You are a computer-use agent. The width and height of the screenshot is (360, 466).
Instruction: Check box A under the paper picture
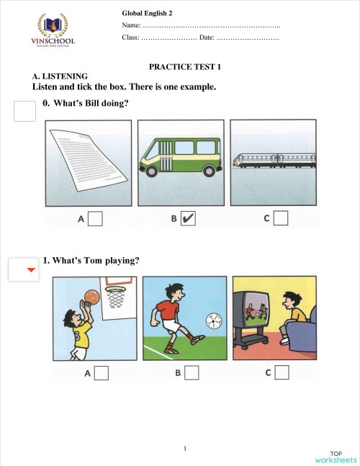tap(95, 218)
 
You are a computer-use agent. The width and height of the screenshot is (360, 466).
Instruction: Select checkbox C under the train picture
tap(281, 218)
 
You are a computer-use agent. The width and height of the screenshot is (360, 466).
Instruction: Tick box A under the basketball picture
tap(102, 373)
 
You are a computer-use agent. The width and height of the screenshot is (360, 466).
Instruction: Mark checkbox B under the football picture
tap(192, 373)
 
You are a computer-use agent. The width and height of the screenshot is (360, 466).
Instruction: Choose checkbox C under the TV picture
tap(282, 373)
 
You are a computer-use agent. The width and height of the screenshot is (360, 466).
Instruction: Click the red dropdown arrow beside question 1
tap(30, 270)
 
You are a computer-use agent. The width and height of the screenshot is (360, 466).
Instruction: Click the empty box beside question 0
tap(25, 112)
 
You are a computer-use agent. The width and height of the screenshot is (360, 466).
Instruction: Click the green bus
tap(180, 157)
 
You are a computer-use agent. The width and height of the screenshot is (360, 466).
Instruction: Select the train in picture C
tap(271, 161)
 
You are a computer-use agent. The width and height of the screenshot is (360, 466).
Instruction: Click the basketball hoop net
tap(115, 294)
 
